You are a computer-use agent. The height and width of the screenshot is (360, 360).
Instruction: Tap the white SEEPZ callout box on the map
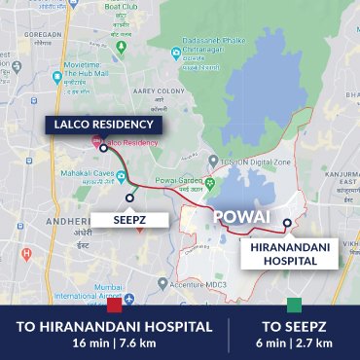tap(130, 218)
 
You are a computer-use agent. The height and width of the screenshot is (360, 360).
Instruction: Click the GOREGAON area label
tap(21, 31)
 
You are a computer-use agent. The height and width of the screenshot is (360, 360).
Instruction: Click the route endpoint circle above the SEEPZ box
tap(129, 198)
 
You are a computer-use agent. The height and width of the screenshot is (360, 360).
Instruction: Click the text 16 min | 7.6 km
tap(115, 342)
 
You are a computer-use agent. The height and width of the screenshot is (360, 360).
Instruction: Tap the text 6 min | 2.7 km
tap(294, 342)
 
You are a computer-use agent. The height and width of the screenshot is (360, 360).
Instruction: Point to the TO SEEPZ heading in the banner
tap(294, 325)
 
